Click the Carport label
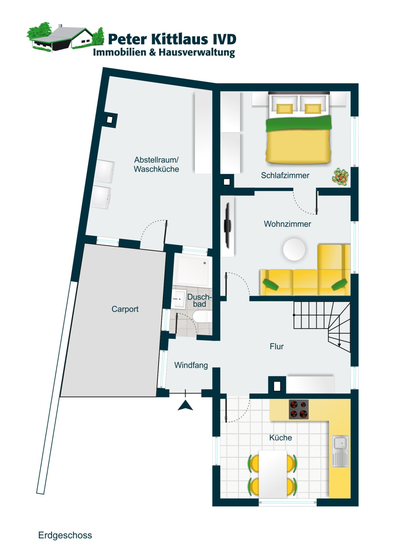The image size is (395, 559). point(125,309)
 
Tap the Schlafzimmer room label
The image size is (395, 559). point(285,175)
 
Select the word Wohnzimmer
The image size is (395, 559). point(287,224)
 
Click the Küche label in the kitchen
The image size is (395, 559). point(280,437)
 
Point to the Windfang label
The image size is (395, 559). point(191,365)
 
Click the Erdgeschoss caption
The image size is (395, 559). point(65,535)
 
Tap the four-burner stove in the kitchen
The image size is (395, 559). point(298,409)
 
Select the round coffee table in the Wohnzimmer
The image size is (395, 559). point(294,249)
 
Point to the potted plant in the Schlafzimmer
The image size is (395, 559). point(340,177)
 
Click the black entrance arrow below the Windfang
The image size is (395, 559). point(185,405)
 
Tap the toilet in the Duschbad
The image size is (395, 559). point(202,317)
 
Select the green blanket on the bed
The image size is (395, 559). point(298,123)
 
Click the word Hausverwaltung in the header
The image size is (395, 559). point(197,52)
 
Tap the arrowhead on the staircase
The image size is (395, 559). point(339,345)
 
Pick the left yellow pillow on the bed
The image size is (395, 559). point(284,109)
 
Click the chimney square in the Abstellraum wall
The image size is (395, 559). point(110,119)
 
